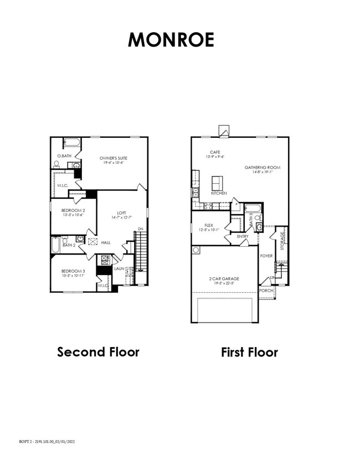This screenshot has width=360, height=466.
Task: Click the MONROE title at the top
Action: click(x=171, y=40)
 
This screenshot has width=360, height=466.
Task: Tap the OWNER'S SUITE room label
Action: click(x=114, y=158)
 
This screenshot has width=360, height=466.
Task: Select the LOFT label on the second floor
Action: click(x=121, y=213)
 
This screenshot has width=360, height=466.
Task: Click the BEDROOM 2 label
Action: click(x=72, y=211)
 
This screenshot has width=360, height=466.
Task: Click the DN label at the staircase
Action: click(x=141, y=229)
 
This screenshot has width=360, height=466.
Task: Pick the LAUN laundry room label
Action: click(x=119, y=268)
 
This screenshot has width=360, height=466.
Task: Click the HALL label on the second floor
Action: click(x=106, y=242)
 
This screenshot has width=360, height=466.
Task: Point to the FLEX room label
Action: click(x=209, y=225)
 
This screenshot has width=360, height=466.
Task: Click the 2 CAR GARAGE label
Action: click(x=224, y=278)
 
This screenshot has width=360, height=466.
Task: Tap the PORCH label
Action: click(x=266, y=291)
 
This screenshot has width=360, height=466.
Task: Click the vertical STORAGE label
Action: click(x=283, y=241)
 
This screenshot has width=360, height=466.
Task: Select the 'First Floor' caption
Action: click(x=249, y=352)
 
